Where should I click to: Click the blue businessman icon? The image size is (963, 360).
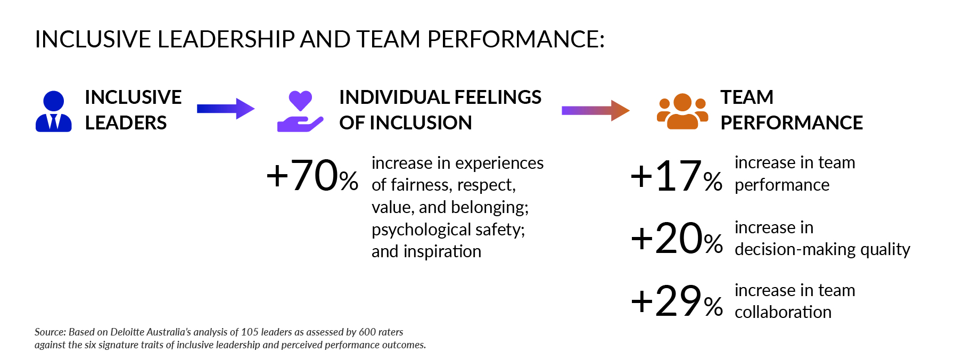tap(53, 111)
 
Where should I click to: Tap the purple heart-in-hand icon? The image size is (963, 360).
tap(300, 111)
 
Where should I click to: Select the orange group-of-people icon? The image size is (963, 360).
tap(682, 111)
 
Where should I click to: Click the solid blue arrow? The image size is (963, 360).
tap(226, 109)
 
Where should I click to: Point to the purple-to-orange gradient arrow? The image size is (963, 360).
tap(596, 110)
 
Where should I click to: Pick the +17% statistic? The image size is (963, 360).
tap(677, 176)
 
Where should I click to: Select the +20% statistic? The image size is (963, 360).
tap(677, 238)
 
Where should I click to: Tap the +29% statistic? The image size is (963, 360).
tap(677, 301)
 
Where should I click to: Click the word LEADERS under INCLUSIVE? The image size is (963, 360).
tap(126, 123)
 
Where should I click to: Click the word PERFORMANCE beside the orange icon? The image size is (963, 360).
tap(792, 123)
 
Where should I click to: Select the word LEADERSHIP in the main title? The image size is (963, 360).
tap(226, 39)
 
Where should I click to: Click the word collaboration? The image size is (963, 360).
tap(783, 312)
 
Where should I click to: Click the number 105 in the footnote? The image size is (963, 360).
tap(249, 332)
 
